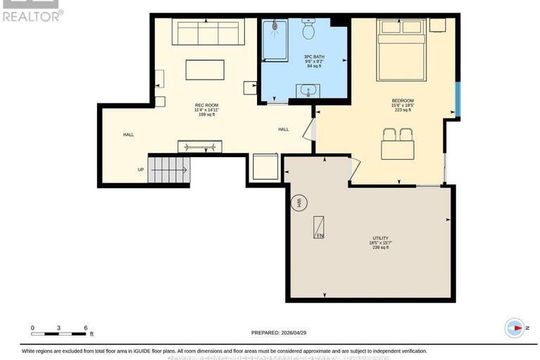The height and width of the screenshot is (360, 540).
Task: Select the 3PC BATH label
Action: (x=313, y=56)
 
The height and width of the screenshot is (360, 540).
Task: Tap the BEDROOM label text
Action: (x=402, y=100)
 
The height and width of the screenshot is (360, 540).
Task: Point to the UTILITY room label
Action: (x=380, y=238)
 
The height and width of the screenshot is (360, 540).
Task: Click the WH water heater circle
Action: (x=299, y=203)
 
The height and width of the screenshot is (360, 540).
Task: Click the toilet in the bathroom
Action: (x=308, y=30)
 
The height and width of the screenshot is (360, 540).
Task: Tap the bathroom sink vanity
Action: (x=308, y=92)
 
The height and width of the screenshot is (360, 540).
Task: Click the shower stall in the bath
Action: (x=275, y=42)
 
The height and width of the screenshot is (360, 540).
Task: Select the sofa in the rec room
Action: (x=208, y=32)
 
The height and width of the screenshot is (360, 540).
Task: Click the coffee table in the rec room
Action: (x=205, y=70)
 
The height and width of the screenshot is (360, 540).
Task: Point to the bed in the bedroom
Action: (x=401, y=49)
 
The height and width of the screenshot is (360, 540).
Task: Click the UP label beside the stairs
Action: (x=141, y=169)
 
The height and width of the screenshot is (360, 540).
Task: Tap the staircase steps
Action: (x=168, y=169)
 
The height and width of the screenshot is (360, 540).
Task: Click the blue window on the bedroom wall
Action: (x=457, y=100)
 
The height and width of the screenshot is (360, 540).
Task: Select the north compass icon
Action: (x=515, y=328)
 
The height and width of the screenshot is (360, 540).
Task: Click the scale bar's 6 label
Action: (x=85, y=328)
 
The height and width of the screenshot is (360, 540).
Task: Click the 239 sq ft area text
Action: (x=380, y=248)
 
